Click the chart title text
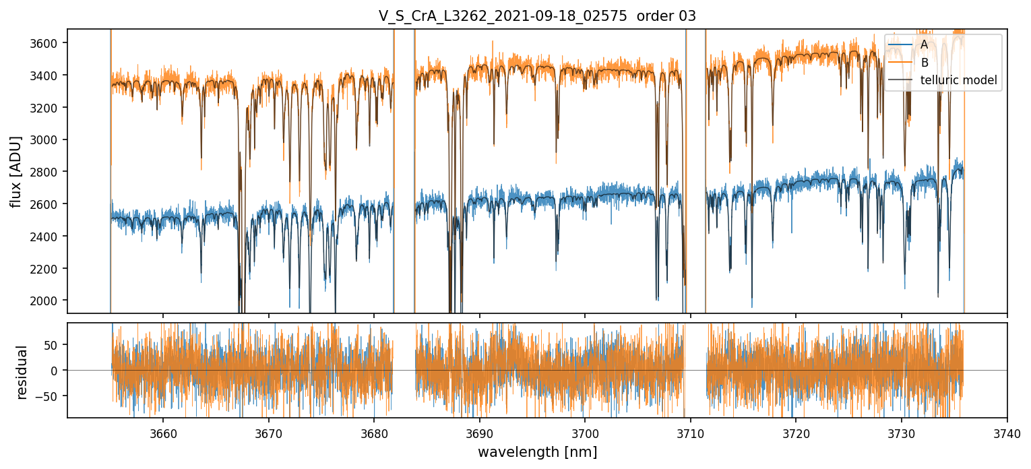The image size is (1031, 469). [x=537, y=15]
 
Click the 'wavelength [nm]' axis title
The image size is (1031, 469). [x=537, y=452]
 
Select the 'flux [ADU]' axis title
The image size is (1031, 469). [x=16, y=171]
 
